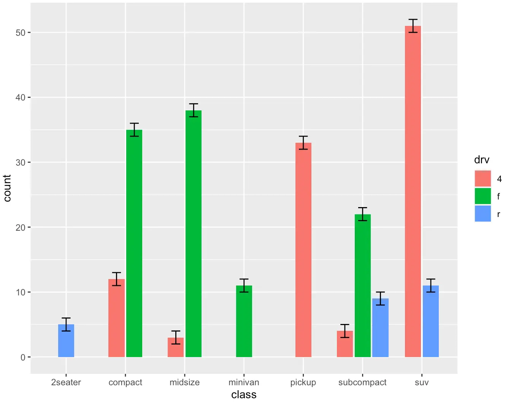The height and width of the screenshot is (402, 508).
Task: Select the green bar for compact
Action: [134, 244]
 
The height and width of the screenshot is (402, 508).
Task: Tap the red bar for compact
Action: [116, 318]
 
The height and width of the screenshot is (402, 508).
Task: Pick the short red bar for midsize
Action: [176, 347]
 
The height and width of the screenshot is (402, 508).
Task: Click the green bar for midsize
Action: [194, 234]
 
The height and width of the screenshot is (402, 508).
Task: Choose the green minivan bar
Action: [244, 321]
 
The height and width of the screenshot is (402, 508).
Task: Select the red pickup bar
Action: [303, 250]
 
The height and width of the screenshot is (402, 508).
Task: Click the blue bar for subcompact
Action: [380, 328]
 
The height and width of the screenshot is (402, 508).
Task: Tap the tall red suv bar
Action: [413, 191]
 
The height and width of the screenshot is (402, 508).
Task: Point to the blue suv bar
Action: [431, 321]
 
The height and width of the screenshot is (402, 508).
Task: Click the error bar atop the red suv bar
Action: [413, 26]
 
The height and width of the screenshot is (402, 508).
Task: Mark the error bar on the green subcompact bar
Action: [363, 214]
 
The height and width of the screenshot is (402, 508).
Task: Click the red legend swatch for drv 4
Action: [483, 179]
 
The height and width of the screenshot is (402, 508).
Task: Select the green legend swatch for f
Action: [483, 196]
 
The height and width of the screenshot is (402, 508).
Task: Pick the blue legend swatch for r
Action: [483, 214]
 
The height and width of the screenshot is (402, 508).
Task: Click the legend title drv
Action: [482, 160]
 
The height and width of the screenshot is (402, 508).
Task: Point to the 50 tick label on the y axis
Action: [21, 33]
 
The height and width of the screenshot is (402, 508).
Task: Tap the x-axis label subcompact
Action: [362, 382]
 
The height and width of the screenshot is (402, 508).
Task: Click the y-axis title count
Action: [7, 188]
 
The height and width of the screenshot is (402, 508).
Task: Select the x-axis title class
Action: [244, 395]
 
